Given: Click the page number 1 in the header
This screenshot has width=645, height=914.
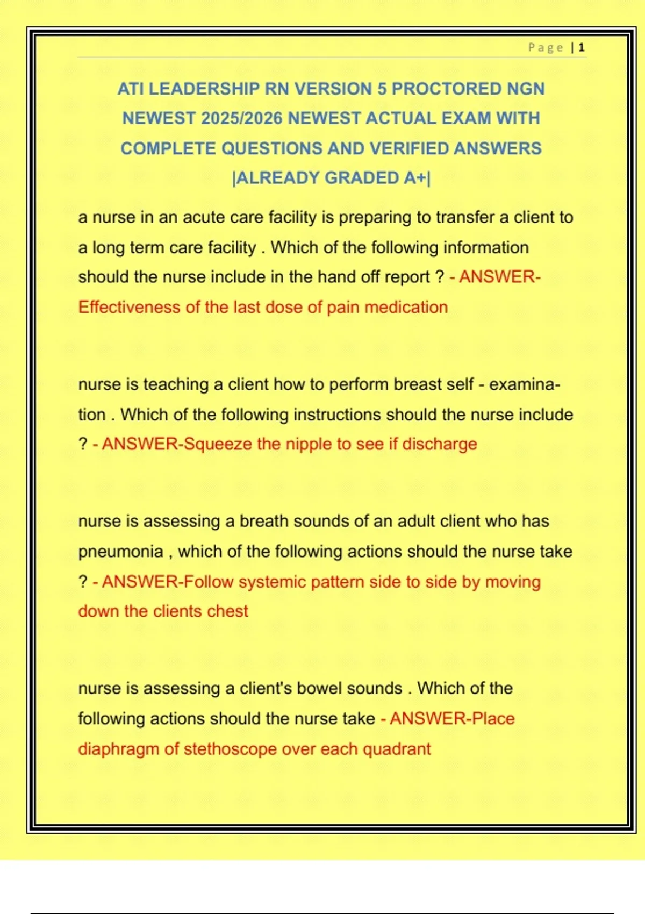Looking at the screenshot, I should point(581,47).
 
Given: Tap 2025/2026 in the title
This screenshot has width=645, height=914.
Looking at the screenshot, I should point(241,118).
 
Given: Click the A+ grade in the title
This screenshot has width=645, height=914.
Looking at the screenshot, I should point(414,178).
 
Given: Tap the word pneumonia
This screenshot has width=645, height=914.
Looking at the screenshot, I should point(120,552).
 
